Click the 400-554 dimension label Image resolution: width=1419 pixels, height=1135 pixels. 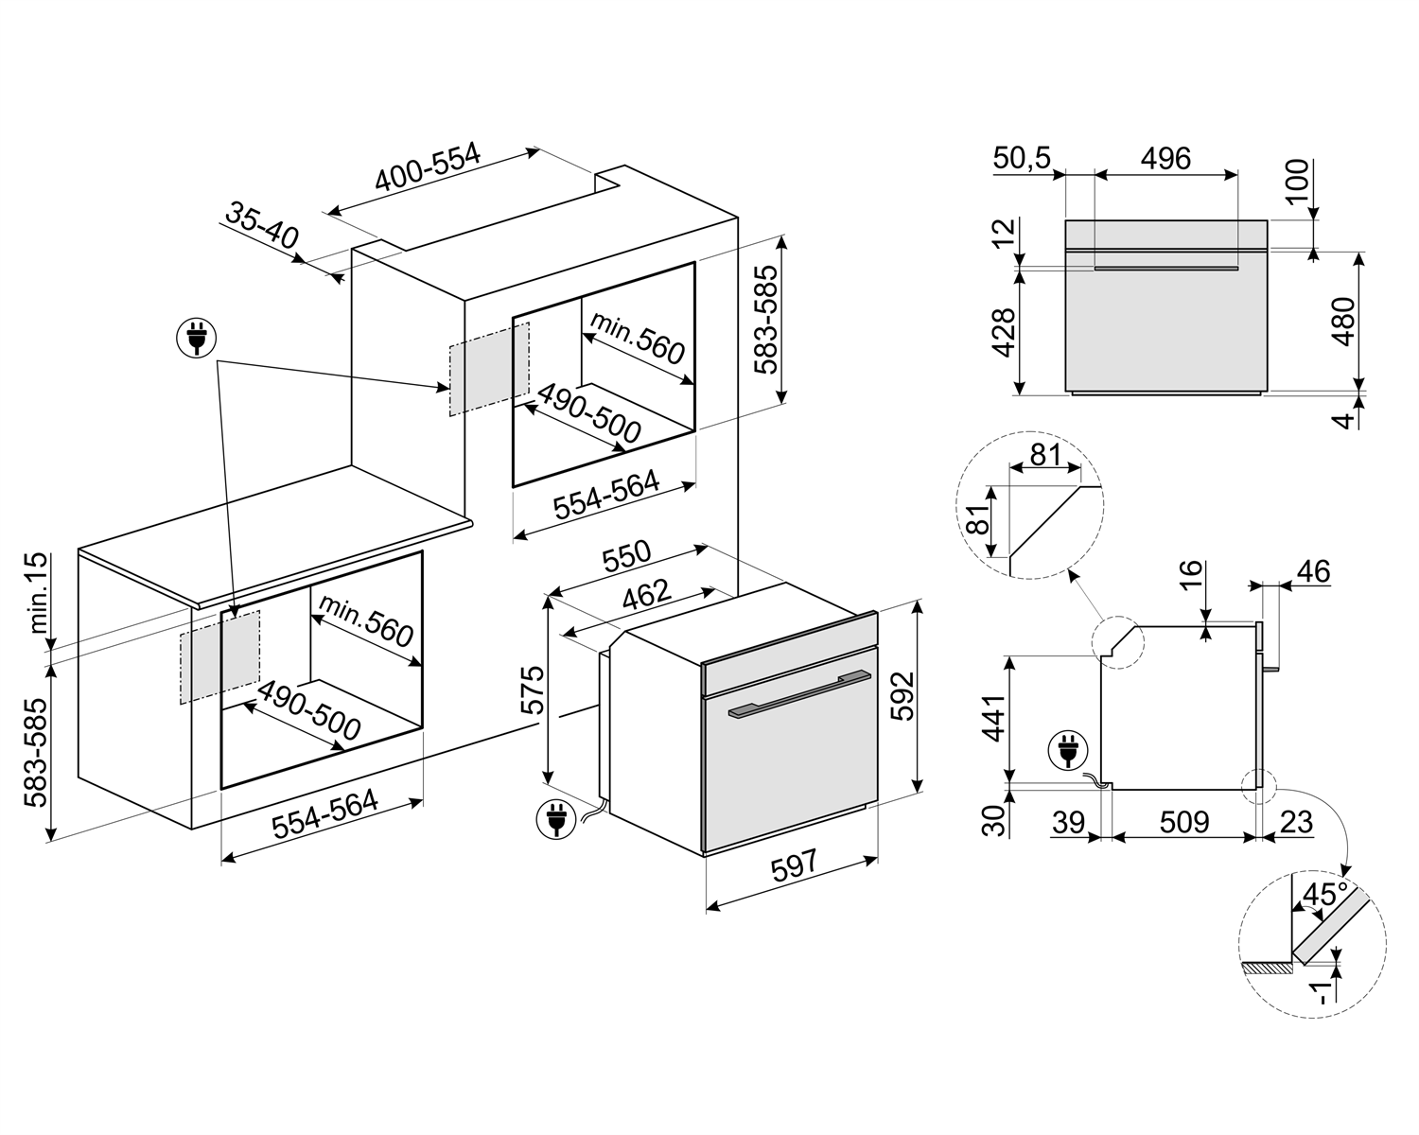[x=428, y=168]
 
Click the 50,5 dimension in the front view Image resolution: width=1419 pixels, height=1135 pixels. [x=1022, y=158]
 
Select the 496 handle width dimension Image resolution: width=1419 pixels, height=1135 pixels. [x=1165, y=158]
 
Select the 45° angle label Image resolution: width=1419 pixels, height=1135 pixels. [x=1324, y=894]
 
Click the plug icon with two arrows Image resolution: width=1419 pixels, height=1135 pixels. [x=197, y=337]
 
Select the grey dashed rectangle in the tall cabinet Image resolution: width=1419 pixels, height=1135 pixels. [x=488, y=369]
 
